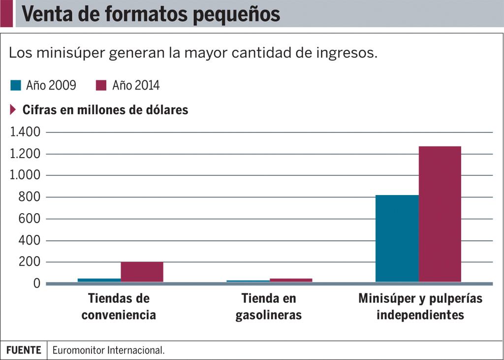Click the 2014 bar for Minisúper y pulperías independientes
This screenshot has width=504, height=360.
[440, 214]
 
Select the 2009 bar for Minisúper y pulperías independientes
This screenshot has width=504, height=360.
[397, 238]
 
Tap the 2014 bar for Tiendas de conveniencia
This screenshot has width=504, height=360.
[142, 272]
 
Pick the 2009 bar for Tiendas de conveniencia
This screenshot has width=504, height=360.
[99, 280]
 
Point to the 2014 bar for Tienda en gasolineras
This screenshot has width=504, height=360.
[290, 280]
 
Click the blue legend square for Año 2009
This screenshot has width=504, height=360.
[16, 86]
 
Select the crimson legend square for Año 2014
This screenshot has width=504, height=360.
[101, 86]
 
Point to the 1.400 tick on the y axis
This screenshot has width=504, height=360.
[24, 132]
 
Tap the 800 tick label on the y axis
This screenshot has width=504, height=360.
[29, 197]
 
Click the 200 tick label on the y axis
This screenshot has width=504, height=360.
[29, 262]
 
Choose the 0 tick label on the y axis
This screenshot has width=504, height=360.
[36, 284]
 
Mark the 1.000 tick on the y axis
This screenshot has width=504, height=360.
[24, 175]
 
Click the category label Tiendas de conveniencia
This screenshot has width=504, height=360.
[119, 306]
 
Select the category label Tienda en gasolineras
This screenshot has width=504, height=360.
[269, 306]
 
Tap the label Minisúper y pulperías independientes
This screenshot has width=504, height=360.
[420, 306]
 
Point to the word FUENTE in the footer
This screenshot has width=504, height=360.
[24, 350]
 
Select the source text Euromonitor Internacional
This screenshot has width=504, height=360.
[108, 350]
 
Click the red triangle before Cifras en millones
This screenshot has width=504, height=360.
[13, 109]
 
